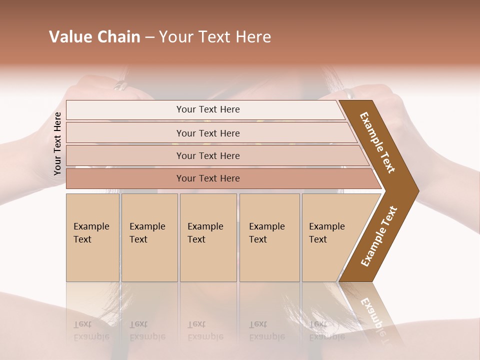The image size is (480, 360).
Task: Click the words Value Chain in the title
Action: [x=94, y=37]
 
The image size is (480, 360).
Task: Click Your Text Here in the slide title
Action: [x=215, y=37]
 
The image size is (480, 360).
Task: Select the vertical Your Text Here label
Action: [x=57, y=144]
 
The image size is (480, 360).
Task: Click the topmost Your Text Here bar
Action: [x=208, y=109]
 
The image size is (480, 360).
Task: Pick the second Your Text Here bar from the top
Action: [x=208, y=133]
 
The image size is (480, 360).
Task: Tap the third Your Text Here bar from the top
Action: [x=208, y=155]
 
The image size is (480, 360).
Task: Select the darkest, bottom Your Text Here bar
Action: [x=208, y=178]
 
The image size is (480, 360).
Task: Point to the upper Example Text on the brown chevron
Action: [x=377, y=142]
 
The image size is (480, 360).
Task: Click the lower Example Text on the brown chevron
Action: [x=379, y=236]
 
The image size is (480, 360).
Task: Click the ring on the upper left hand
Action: [x=121, y=86]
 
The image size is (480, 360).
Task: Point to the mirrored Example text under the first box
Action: [x=91, y=331]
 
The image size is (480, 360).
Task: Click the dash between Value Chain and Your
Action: [x=149, y=37]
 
